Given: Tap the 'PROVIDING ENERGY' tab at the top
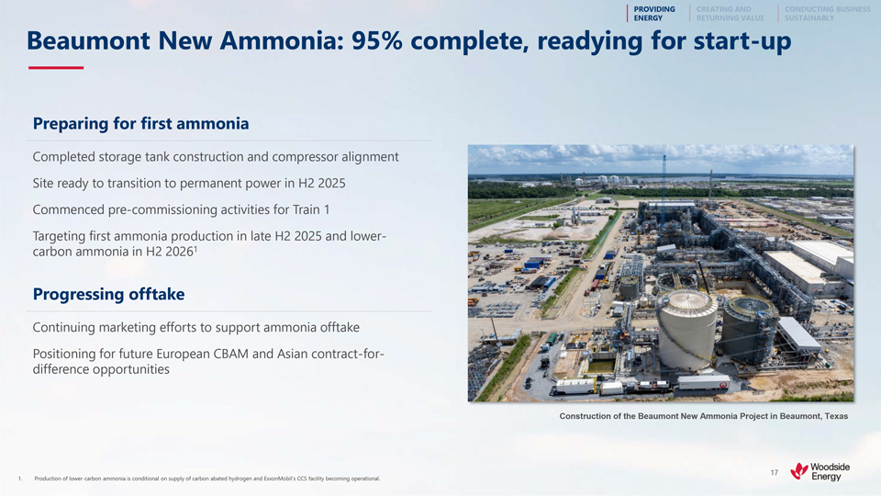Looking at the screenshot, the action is tap(654, 14).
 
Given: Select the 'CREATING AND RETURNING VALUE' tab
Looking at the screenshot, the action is tap(730, 14).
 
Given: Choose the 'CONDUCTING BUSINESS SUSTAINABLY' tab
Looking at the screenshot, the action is tap(827, 14).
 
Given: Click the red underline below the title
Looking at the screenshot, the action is tap(56, 67).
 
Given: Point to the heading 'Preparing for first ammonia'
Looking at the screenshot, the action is tap(140, 124).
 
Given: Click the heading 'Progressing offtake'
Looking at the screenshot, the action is tap(108, 294).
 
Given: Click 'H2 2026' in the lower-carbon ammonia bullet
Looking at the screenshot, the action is tap(170, 252).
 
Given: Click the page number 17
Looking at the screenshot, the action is tap(775, 473).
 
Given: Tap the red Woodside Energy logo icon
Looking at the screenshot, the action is tap(799, 470).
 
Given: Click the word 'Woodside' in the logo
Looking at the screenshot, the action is tap(830, 468).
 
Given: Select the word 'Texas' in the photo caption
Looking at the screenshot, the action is tap(837, 416).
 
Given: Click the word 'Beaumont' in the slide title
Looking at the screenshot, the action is tap(89, 40).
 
